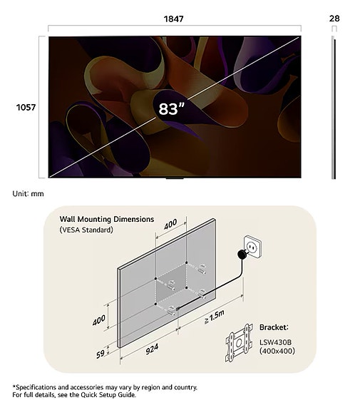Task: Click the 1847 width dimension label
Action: (174, 19)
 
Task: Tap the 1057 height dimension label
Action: (26, 107)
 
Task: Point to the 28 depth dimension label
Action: (334, 19)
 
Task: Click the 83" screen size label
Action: (171, 109)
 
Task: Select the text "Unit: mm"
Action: (29, 194)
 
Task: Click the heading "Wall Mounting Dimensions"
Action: (107, 219)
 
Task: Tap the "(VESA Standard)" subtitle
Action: (86, 230)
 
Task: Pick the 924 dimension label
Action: (152, 349)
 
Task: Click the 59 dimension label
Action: (101, 354)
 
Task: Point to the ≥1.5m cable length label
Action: (215, 317)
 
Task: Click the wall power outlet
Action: (252, 247)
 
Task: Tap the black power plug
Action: (242, 254)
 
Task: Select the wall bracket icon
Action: (239, 343)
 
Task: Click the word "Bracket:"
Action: (274, 327)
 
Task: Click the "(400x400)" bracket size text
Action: (277, 351)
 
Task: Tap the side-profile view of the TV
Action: (334, 108)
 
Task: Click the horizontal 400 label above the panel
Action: (170, 224)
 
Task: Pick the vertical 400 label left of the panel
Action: (99, 320)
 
